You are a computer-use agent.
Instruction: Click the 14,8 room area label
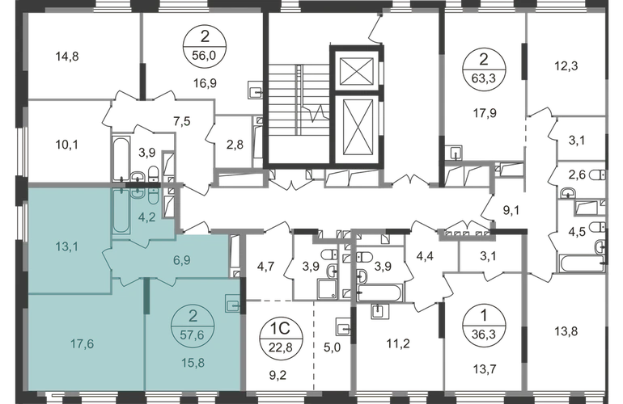coord(67,57)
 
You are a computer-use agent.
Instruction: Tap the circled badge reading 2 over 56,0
coord(204,48)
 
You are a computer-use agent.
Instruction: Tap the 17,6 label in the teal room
coord(83,343)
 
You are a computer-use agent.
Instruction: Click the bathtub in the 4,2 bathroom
coord(121,211)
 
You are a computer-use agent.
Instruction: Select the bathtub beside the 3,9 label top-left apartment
coord(121,158)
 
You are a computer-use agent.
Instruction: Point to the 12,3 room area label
coord(566,66)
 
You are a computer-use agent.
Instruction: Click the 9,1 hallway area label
coord(511,210)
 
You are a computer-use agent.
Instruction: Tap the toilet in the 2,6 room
coord(598,175)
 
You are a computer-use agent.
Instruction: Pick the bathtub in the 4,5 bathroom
coord(581,264)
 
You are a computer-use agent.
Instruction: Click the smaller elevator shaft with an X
coord(357,71)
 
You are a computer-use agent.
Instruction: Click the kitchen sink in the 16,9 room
coord(254,90)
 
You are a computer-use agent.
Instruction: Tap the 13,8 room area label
coord(566,331)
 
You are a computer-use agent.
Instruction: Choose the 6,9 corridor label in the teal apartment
coord(182,260)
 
